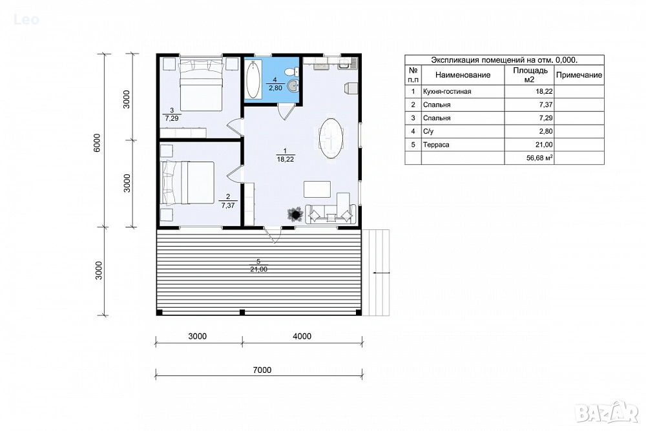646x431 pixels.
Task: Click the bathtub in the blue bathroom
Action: coord(253,79)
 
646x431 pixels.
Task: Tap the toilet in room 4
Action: coord(293,71)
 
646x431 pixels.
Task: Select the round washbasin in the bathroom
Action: coord(293,86)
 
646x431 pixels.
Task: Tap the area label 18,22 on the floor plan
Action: coord(285,159)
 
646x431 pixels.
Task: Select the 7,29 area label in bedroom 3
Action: coord(172,118)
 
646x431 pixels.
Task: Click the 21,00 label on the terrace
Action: coord(258,269)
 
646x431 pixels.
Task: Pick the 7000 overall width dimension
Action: coord(262,370)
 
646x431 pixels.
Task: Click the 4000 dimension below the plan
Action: coord(302,336)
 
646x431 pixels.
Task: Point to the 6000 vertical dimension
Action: coord(97,143)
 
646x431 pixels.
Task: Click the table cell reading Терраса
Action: coord(436,145)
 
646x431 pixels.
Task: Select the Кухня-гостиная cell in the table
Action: coord(447,92)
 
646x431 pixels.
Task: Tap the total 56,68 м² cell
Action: coord(539,158)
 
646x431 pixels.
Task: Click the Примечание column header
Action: coord(579,75)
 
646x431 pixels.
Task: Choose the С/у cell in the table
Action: coord(428,131)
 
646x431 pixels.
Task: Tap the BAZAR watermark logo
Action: coord(607,412)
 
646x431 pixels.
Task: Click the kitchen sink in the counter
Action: coord(344,64)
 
